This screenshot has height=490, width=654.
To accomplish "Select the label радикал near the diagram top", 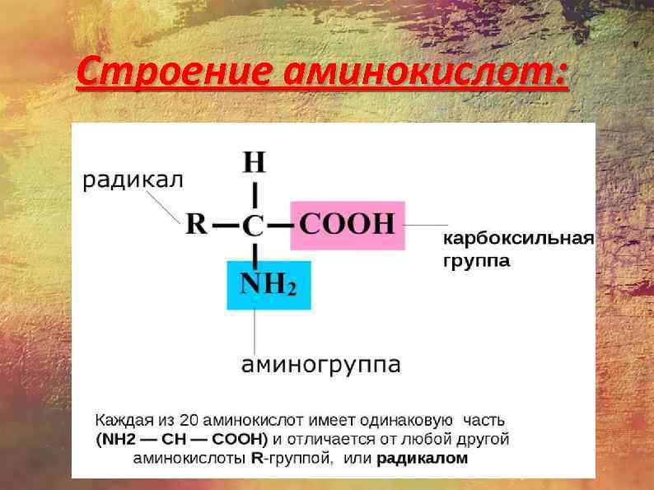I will click(132, 180).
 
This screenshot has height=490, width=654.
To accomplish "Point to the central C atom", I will click(255, 225).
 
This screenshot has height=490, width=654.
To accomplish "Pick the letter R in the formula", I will click(196, 223).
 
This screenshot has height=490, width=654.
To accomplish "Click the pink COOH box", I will click(348, 224).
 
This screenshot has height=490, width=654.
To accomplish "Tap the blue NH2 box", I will click(269, 285).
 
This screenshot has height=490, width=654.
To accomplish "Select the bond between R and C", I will click(226, 224).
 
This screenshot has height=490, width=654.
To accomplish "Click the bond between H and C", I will click(255, 194).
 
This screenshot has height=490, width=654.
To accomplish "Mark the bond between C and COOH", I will click(280, 224).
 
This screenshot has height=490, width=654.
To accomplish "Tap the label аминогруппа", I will click(320, 363).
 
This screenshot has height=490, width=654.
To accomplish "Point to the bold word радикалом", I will click(422, 458).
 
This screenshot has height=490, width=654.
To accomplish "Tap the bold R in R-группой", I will click(255, 458).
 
